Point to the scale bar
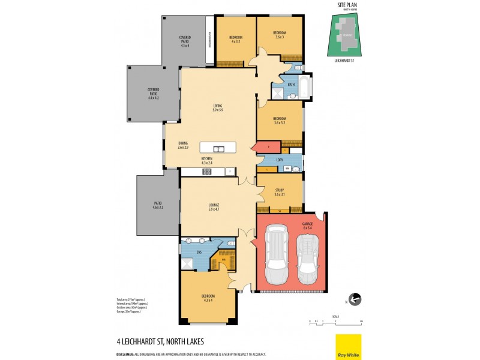pyautogui.click(x=336, y=322)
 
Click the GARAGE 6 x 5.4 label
pyautogui.click(x=307, y=227)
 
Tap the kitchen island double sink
pyautogui.click(x=218, y=148)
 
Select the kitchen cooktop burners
pyautogui.click(x=206, y=172)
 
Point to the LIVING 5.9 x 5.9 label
pyautogui.click(x=217, y=109)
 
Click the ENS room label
pyautogui.click(x=199, y=252)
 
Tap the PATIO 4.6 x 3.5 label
pyautogui.click(x=158, y=205)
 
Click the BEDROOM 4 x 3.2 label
pyautogui.click(x=235, y=40)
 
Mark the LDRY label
pyautogui.click(x=280, y=160)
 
